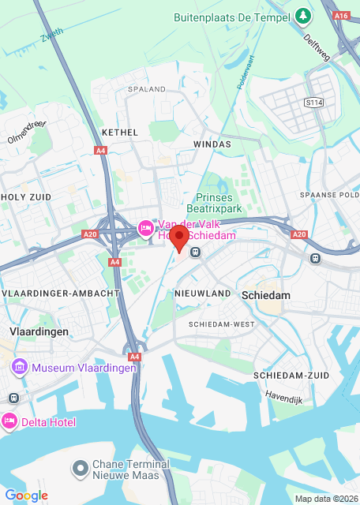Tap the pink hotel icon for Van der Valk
[145, 229]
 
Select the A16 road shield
[341, 15]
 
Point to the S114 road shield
[314, 103]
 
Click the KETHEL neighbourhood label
[120, 132]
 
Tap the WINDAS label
[212, 144]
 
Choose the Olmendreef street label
[28, 130]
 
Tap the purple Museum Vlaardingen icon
[18, 367]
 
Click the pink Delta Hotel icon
[9, 422]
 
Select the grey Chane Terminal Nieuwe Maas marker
[80, 469]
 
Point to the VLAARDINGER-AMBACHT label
[62, 293]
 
